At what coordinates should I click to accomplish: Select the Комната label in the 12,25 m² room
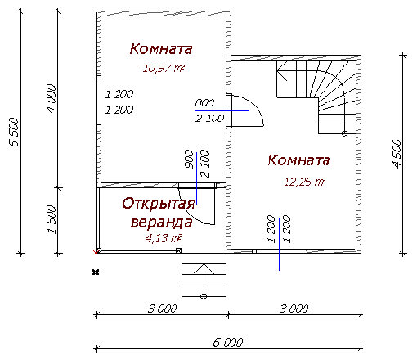pyautogui.click(x=298, y=160)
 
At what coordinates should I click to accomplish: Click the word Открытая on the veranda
pyautogui.click(x=159, y=204)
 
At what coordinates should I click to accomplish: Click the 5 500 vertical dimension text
pyautogui.click(x=13, y=131)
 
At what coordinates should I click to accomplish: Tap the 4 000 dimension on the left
pyautogui.click(x=51, y=99)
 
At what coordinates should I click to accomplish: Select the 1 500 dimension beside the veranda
pyautogui.click(x=51, y=219)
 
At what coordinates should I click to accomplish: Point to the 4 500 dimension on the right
pyautogui.click(x=397, y=153)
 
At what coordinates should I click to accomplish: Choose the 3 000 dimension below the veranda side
pyautogui.click(x=163, y=308)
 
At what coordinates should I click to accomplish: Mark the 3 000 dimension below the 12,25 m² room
pyautogui.click(x=294, y=308)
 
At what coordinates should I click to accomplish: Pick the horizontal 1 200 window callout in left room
pyautogui.click(x=119, y=101)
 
